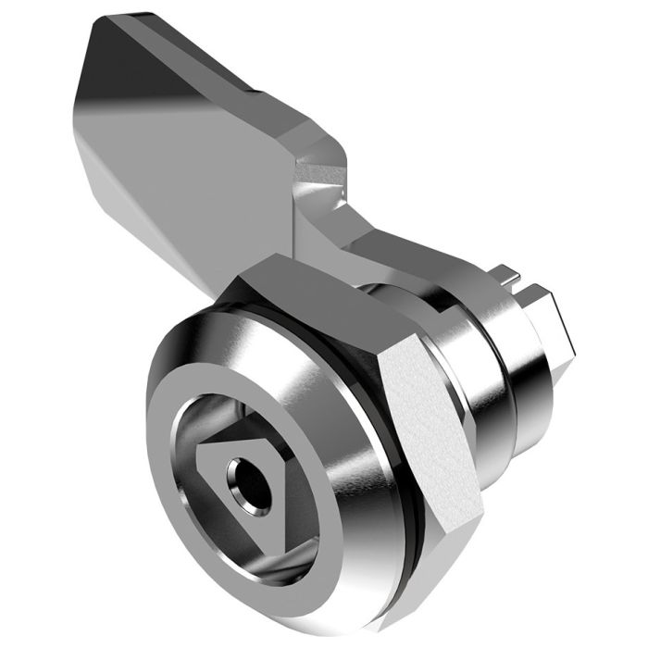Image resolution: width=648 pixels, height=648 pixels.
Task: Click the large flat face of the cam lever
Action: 185,148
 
